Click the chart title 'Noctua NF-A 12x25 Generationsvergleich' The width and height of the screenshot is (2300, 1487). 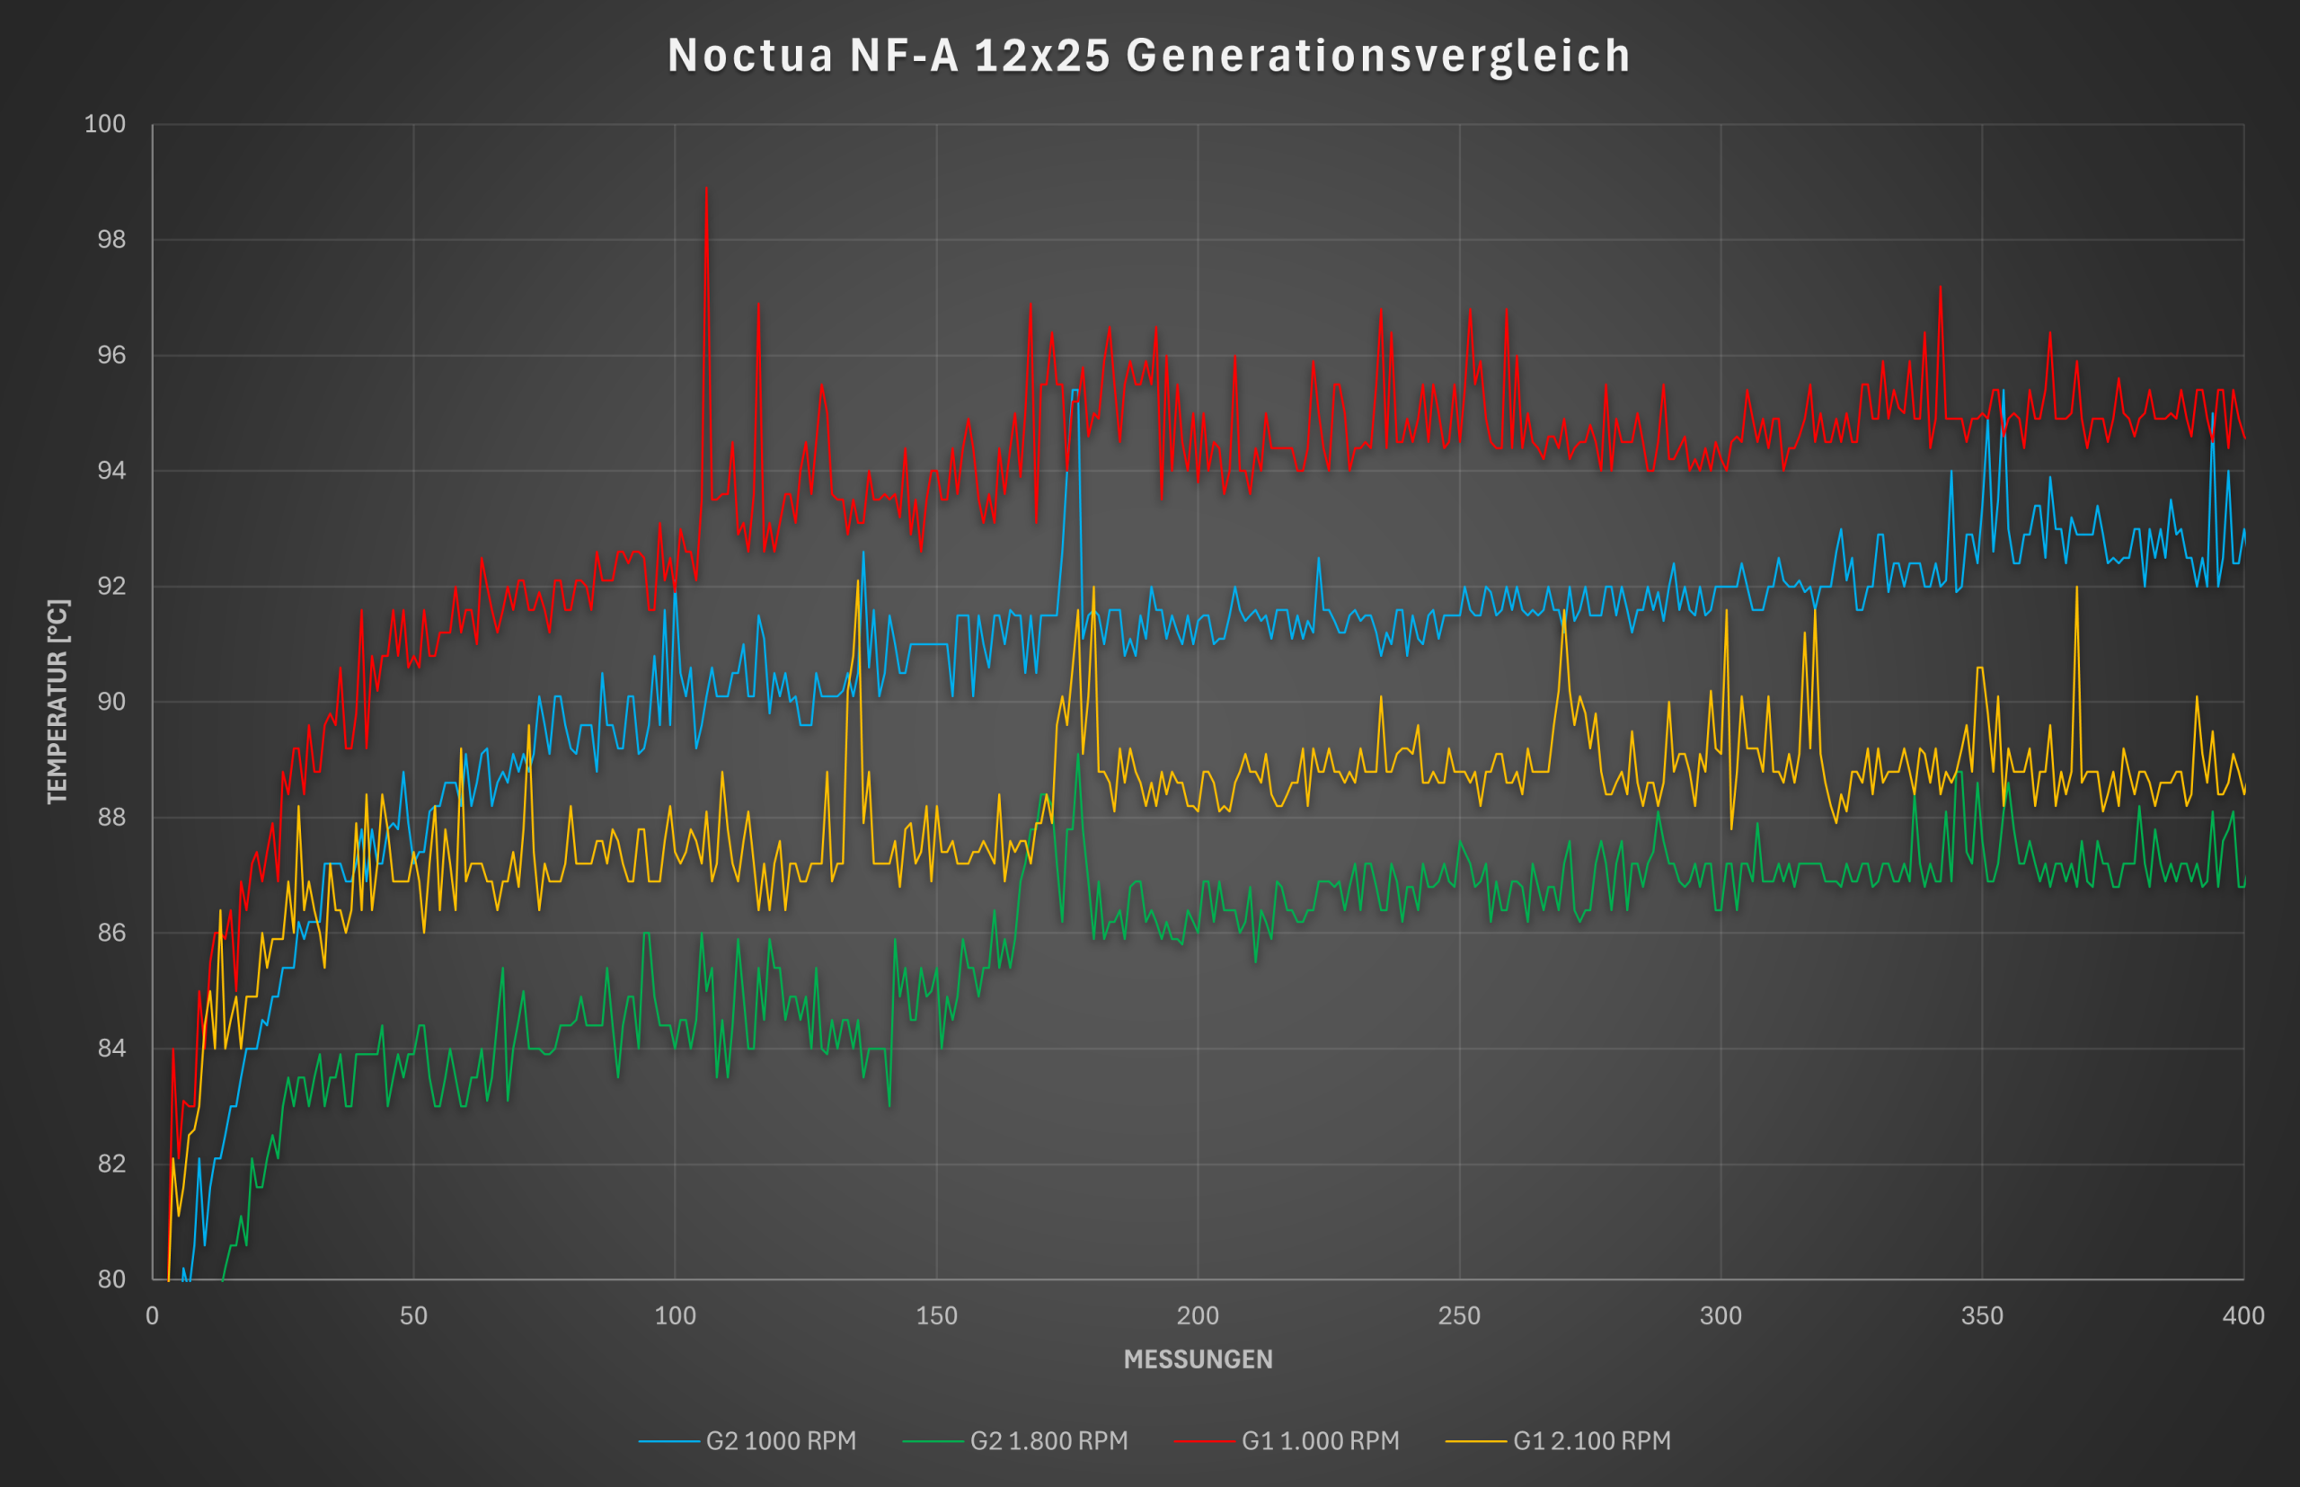[x=1149, y=55]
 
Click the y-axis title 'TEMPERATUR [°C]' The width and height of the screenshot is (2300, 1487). [x=57, y=701]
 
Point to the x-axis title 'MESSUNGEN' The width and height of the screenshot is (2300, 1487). [x=1198, y=1359]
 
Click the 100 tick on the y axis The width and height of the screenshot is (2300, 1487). [x=105, y=124]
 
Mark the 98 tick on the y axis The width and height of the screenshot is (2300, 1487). [x=112, y=240]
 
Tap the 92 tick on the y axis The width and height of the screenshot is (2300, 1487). [x=112, y=586]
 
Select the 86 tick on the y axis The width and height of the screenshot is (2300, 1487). [x=112, y=933]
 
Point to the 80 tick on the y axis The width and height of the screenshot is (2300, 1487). [x=112, y=1279]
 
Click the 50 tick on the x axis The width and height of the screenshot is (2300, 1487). [x=413, y=1315]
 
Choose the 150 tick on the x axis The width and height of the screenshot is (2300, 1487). [x=936, y=1315]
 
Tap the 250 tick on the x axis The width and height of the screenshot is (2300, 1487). [x=1459, y=1315]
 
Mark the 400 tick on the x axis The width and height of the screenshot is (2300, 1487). [x=2243, y=1315]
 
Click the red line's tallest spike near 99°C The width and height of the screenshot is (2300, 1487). [x=706, y=190]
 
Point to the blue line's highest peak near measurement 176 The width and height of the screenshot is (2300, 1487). [x=1074, y=391]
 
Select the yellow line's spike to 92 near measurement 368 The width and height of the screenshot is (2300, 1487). [x=2076, y=588]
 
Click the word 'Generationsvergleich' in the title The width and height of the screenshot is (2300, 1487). [x=1378, y=55]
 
